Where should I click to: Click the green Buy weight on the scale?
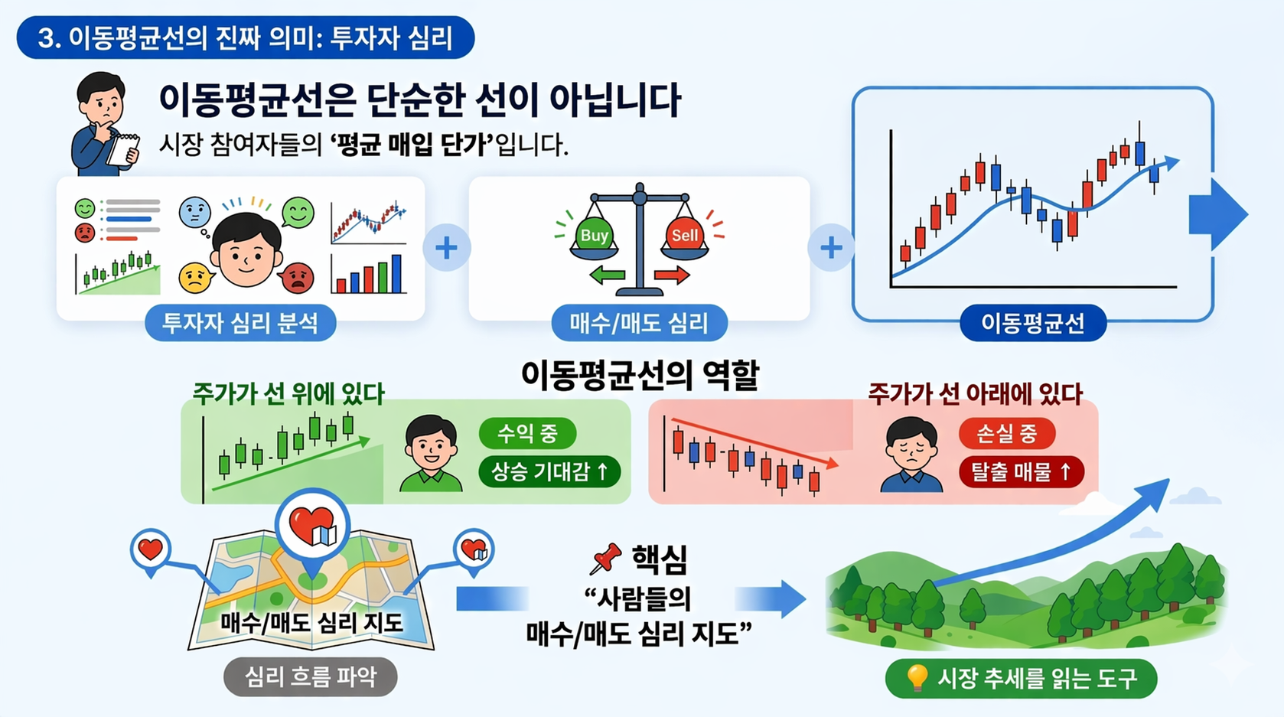click(594, 236)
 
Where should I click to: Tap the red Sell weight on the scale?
click(684, 236)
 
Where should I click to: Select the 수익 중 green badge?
click(526, 434)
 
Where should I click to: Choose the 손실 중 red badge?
click(1006, 434)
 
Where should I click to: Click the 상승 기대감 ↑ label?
click(549, 471)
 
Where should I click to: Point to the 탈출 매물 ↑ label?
click(1021, 472)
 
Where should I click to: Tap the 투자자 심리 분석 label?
click(240, 323)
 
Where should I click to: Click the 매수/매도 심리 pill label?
click(639, 323)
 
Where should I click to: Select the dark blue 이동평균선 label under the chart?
click(1033, 323)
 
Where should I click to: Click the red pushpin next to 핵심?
click(605, 559)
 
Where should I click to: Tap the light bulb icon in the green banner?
click(916, 677)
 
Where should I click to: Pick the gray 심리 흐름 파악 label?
click(310, 676)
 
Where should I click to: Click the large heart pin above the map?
click(312, 526)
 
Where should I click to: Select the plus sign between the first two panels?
click(446, 247)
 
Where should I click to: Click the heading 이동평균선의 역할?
click(640, 375)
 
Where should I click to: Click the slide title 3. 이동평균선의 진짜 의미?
click(245, 37)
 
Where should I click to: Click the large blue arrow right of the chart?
click(1217, 215)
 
